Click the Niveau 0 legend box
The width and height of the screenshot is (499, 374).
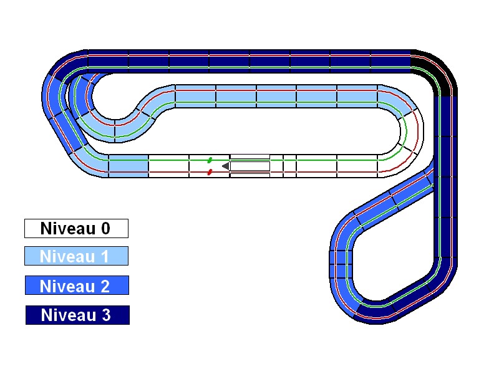tap(76, 228)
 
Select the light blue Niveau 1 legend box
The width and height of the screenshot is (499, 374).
tap(76, 256)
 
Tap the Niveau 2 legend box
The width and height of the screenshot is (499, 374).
tap(77, 285)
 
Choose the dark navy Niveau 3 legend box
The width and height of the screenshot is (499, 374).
tap(77, 315)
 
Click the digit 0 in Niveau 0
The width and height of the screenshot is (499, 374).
tap(105, 228)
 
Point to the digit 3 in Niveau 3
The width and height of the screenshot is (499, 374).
tap(106, 315)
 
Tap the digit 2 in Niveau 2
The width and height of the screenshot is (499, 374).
tap(105, 286)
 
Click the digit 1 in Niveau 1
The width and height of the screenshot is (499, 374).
tap(105, 256)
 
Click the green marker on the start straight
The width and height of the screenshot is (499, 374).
tap(210, 160)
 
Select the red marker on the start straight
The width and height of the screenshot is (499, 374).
tap(210, 172)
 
